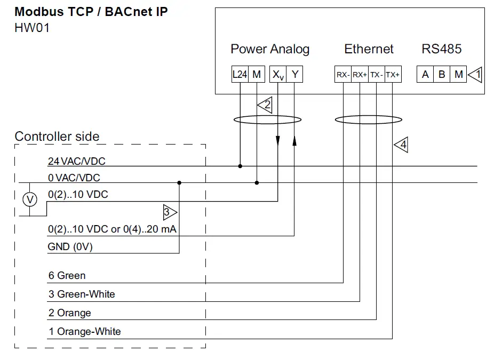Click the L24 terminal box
pos(240,74)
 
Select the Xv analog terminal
pos(278,74)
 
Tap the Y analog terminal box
pos(294,74)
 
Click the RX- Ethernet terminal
pos(343,75)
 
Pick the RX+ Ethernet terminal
pos(360,75)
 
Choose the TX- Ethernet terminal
pos(377,75)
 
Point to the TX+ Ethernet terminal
pos(393,75)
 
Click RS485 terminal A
pos(425,74)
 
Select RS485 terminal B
pos(442,74)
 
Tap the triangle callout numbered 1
pos(475,75)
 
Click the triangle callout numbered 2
pos(265,105)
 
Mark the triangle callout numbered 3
pos(170,212)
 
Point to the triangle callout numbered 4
pos(401,145)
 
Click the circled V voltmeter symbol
pos(30,199)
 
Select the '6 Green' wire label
pos(67,276)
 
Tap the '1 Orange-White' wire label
pos(84,332)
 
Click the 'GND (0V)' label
pos(70,247)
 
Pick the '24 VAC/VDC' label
pos(76,161)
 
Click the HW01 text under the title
pos(32,28)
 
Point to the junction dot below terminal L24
pos(240,166)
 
